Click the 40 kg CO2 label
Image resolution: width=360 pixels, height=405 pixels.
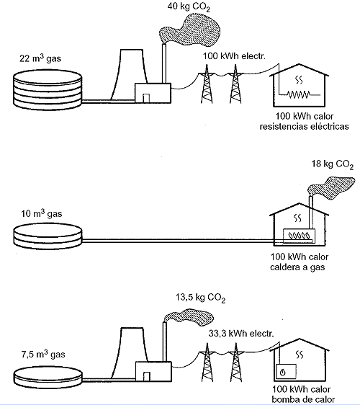coord(189,7)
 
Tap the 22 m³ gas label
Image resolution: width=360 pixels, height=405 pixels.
coord(40,58)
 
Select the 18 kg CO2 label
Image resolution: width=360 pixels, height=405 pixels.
coord(333,164)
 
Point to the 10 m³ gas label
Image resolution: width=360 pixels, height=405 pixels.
coord(42,214)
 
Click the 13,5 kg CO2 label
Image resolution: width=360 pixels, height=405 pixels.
coord(200,298)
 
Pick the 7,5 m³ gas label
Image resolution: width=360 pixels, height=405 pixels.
coord(43,355)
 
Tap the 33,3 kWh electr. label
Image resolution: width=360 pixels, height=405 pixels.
coord(241,334)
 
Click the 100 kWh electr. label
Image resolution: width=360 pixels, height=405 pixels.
coord(234,56)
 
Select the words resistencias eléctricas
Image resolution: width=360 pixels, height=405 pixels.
coord(305,127)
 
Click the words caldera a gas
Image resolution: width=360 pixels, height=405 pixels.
coord(297,267)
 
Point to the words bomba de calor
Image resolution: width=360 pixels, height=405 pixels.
coord(303,399)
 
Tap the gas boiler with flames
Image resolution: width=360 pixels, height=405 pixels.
coord(299,236)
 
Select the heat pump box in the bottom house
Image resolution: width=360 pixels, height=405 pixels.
coord(286,371)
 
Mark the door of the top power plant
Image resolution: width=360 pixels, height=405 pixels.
coord(146,99)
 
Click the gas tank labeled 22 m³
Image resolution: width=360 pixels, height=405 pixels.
coord(48,90)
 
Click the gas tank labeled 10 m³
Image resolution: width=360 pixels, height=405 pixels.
coord(48,236)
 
